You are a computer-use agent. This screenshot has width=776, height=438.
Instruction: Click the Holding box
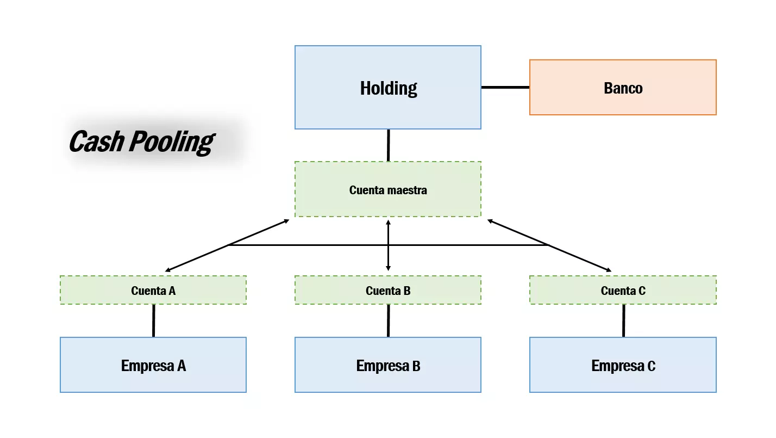[x=387, y=87]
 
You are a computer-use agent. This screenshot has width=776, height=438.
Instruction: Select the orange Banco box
[x=623, y=88]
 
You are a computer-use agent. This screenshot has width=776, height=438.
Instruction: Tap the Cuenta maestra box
[x=387, y=189]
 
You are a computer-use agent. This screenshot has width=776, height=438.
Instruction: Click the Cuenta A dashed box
[x=153, y=290]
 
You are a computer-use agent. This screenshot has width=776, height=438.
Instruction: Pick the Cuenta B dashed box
[x=387, y=290]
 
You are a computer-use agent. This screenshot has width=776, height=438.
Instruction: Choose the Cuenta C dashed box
[x=623, y=290]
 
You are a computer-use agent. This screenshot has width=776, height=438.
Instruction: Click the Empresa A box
[x=153, y=365]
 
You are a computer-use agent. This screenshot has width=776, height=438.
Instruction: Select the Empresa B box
[x=387, y=365]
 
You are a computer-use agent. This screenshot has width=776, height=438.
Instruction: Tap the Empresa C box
[x=623, y=365]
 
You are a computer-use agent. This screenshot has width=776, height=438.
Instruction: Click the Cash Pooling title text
[x=141, y=141]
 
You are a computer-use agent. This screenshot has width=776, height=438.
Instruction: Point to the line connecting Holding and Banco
[x=505, y=87]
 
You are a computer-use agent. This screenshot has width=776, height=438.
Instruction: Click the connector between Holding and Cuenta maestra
[x=388, y=145]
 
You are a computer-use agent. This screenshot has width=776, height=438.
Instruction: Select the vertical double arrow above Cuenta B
[x=388, y=256]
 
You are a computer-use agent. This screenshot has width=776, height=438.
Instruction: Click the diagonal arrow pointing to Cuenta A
[x=196, y=258]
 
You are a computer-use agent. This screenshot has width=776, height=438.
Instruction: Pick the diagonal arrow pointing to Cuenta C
[x=581, y=258]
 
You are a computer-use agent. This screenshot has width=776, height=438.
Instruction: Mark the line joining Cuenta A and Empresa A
[x=153, y=320]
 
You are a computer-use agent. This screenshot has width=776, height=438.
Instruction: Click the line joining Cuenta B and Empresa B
[x=388, y=320]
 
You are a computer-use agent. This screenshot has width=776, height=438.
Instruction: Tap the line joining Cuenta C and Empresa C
[x=623, y=320]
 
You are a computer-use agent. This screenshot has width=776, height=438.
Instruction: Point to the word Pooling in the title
[x=171, y=141]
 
